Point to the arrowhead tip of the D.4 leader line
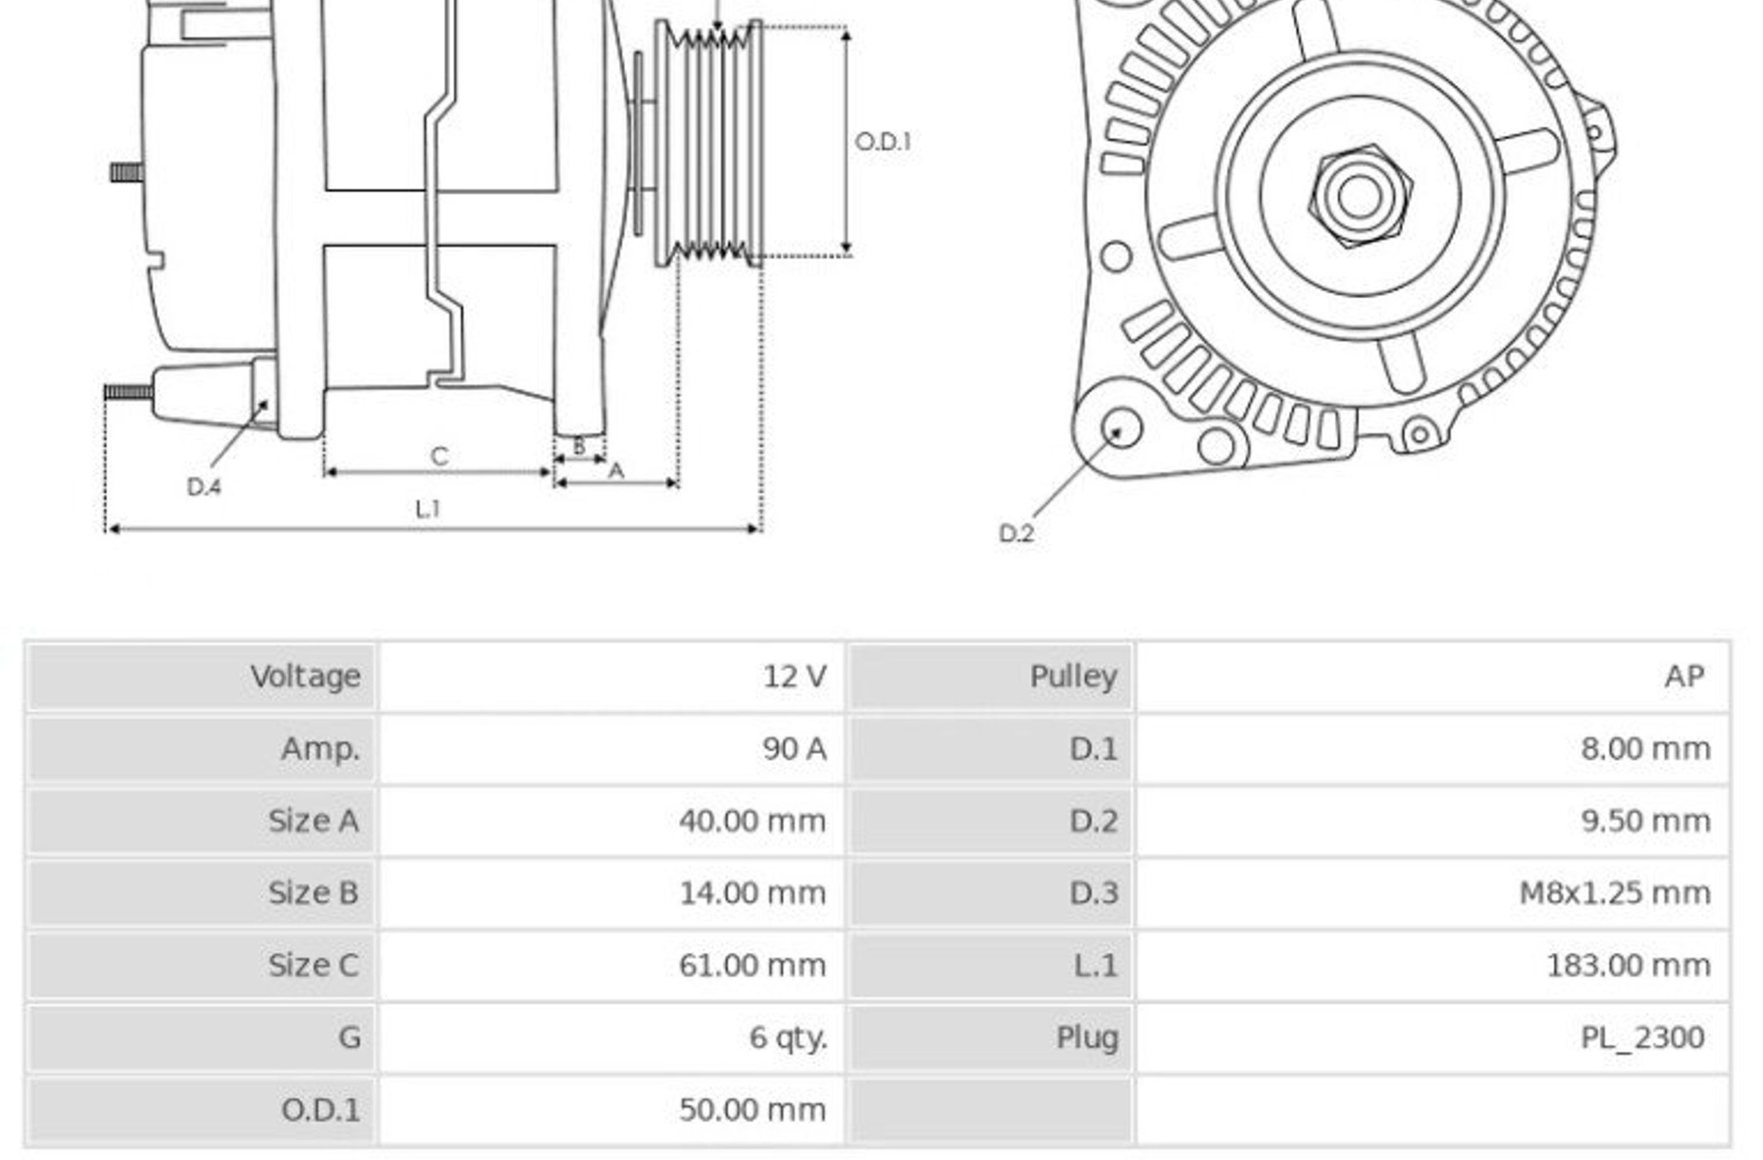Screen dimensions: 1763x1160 [x=268, y=401]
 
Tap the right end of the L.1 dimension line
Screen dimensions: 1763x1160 [x=760, y=529]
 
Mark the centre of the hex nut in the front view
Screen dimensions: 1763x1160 [x=1359, y=196]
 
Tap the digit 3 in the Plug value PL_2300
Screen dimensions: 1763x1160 [x=1658, y=1037]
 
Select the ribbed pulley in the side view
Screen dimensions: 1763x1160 [x=709, y=143]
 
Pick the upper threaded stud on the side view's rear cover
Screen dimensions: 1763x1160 [x=127, y=173]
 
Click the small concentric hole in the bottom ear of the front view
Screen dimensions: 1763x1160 [x=1419, y=435]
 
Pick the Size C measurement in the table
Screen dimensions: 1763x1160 [x=752, y=965]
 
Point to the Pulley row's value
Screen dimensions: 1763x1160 [x=1684, y=676]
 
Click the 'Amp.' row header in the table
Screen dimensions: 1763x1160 [x=320, y=749]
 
